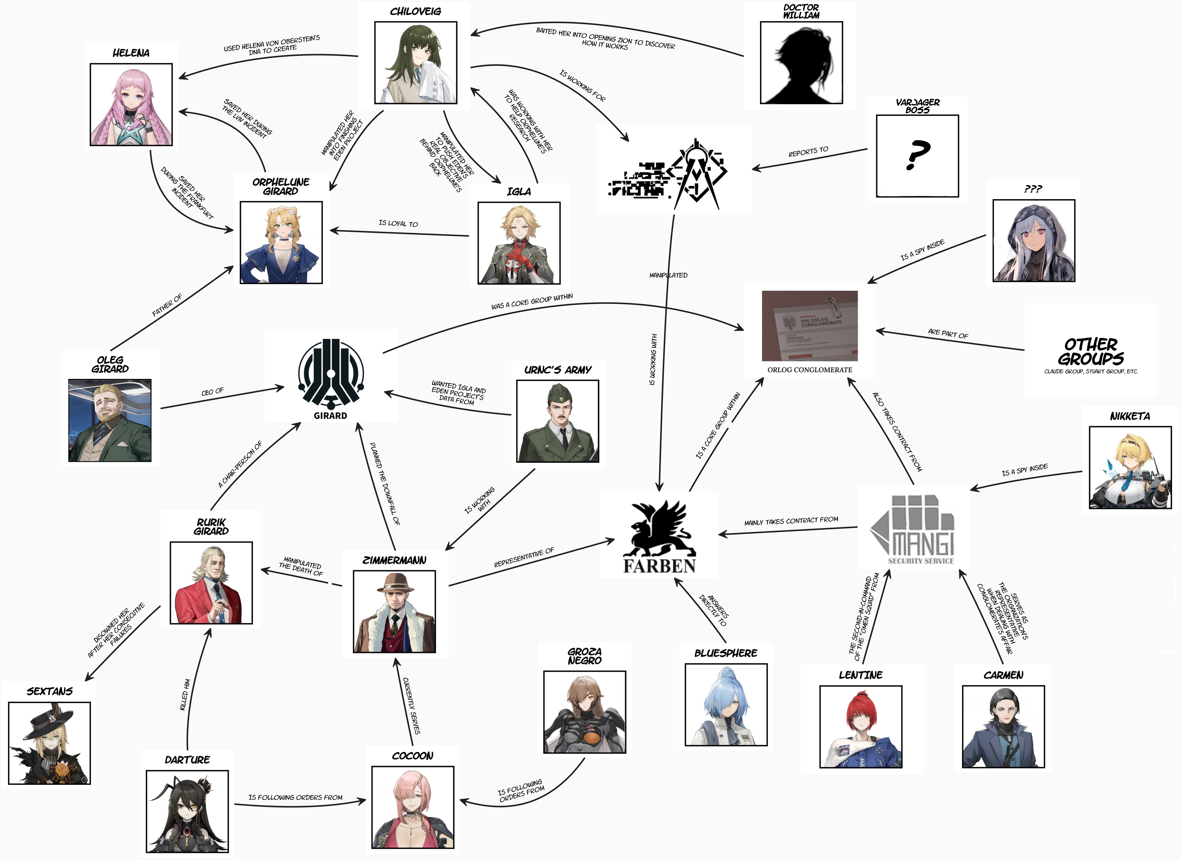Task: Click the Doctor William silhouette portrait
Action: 801,62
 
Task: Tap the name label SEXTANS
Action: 49,691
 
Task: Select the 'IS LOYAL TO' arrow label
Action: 398,223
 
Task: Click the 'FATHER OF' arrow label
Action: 167,305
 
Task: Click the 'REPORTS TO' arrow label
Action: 808,152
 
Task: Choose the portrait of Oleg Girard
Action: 110,420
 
